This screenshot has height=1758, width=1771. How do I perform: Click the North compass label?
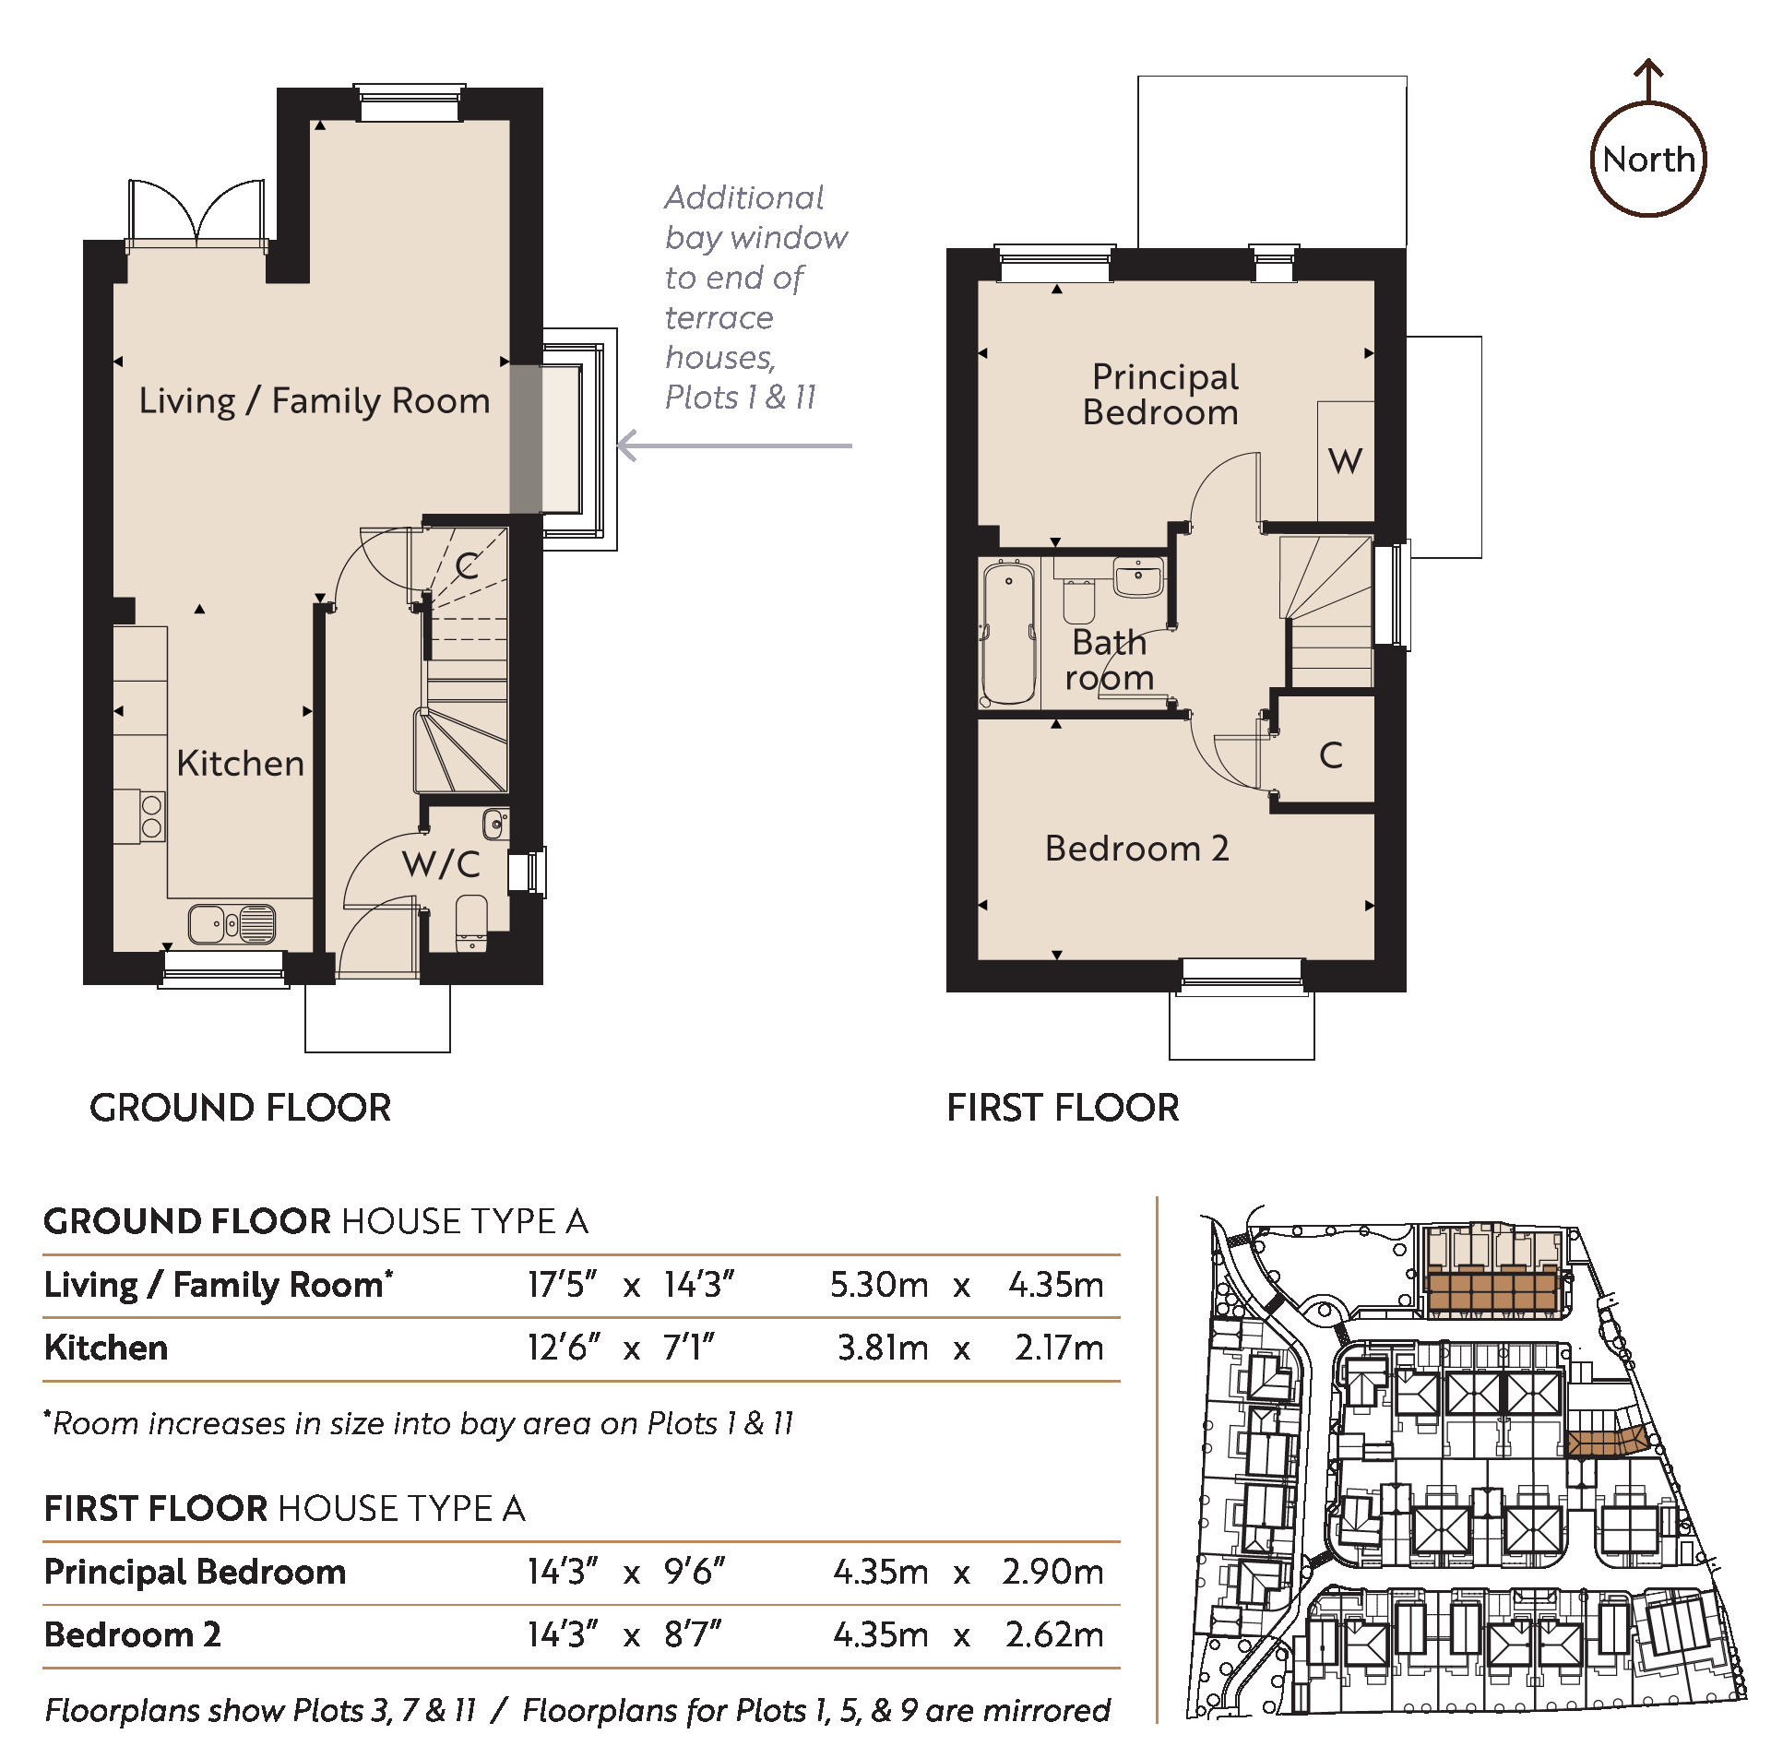1648,160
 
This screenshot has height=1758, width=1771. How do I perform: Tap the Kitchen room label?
240,764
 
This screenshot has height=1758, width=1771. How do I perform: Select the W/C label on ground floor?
441,864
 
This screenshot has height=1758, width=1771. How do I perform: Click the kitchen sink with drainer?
232,923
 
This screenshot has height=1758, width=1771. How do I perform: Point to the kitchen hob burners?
152,816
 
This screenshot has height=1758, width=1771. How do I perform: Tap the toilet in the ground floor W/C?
471,922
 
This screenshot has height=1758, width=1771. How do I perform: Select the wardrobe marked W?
1346,460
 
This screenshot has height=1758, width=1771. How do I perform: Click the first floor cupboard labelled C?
1329,754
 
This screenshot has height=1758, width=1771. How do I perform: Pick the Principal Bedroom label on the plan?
1162,394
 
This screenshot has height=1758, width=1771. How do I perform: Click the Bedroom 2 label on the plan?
1136,849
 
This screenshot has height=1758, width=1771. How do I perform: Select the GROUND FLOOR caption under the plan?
241,1108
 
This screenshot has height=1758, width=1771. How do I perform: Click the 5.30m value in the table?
878,1285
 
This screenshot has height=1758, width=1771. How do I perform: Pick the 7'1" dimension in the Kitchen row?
688,1348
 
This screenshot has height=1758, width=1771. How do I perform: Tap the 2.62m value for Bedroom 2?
1053,1634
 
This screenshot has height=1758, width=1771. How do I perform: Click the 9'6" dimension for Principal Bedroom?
694,1571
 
